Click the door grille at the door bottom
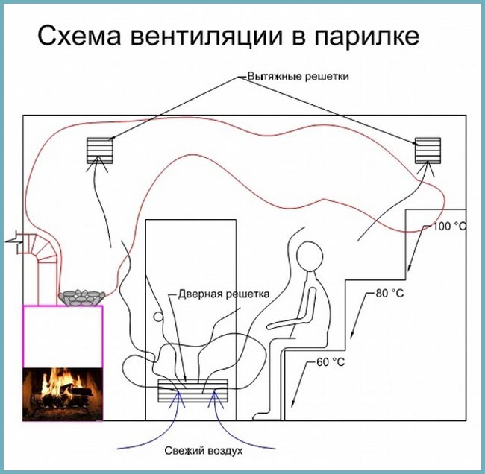193,391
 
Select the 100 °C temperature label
449,226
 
